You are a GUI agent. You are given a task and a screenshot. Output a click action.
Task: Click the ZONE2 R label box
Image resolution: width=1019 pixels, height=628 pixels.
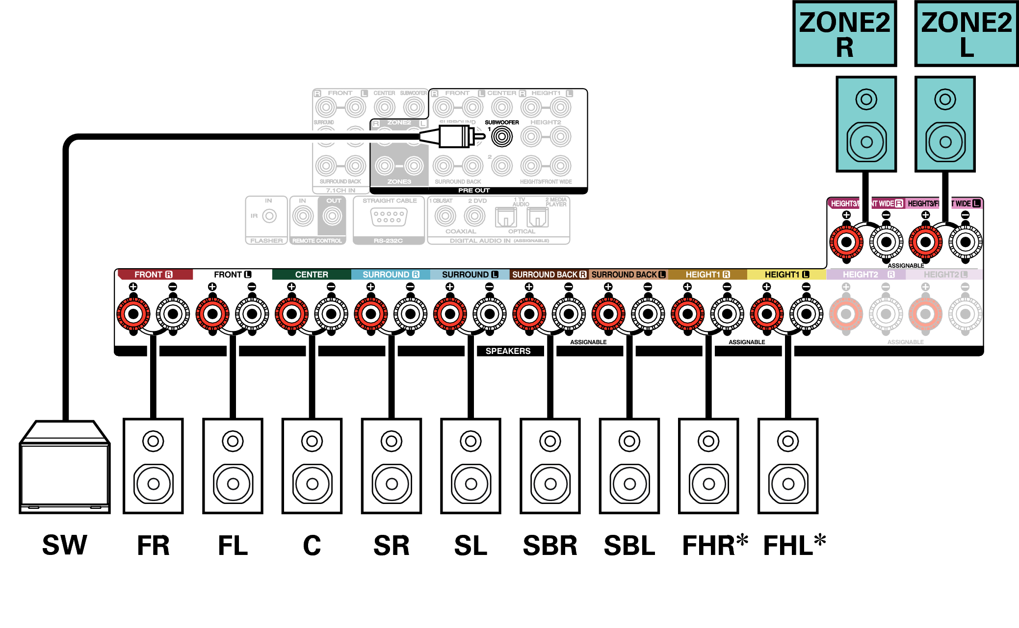[844, 34]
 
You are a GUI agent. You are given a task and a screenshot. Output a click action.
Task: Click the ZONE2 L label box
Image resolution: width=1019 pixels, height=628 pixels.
[966, 34]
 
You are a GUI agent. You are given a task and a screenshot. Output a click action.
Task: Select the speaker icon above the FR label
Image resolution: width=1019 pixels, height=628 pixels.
[153, 466]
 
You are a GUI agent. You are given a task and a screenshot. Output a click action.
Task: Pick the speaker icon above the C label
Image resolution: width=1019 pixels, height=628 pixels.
[312, 466]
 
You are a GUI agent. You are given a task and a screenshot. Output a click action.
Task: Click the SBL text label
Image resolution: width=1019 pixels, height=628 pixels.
[629, 546]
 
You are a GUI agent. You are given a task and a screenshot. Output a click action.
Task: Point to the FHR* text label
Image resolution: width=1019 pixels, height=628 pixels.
[714, 545]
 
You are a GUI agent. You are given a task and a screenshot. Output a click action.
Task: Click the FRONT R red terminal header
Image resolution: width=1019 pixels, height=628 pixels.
[154, 275]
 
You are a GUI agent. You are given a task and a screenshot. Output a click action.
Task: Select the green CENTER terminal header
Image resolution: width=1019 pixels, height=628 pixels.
[312, 275]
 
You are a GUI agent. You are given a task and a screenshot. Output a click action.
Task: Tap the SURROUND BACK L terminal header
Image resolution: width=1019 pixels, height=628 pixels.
[628, 275]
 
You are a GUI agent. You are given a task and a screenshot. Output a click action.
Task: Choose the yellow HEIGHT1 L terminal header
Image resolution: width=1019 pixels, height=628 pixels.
[786, 275]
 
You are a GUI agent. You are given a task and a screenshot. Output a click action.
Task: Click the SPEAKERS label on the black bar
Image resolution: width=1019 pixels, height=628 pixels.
[508, 351]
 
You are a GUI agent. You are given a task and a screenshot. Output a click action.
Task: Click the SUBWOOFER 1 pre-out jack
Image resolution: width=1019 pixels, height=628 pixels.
[502, 136]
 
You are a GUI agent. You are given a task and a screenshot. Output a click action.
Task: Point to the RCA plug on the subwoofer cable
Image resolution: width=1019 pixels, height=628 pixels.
[454, 136]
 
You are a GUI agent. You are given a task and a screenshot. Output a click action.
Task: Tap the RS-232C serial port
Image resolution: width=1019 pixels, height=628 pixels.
[389, 217]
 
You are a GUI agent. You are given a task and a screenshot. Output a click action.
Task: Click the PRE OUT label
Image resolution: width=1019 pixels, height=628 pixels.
[474, 190]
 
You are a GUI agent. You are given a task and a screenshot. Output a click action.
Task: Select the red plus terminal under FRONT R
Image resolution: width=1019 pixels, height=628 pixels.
[133, 314]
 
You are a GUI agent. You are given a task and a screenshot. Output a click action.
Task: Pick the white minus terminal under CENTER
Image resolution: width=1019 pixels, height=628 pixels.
[331, 314]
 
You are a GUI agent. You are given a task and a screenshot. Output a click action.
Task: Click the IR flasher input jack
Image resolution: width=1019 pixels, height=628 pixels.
[269, 216]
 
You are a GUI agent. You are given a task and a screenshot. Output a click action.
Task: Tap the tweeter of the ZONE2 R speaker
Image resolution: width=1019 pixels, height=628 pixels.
[866, 100]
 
